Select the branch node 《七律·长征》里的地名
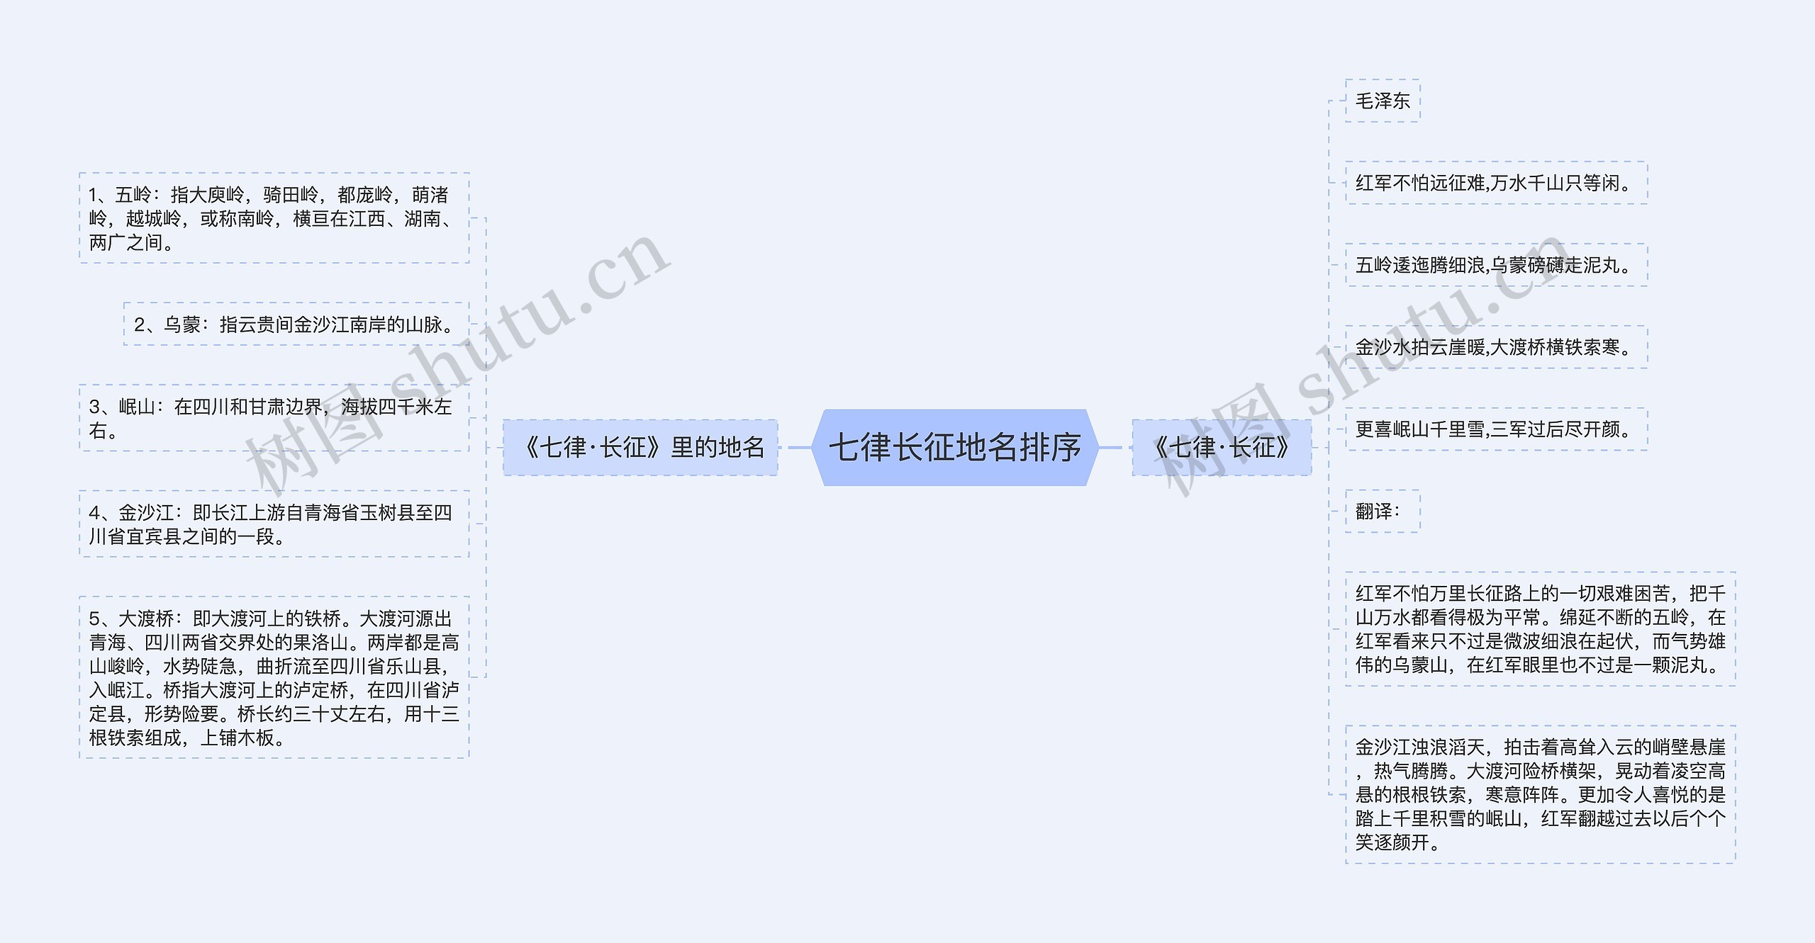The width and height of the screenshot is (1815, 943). [640, 448]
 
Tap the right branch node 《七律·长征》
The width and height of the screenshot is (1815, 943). [1221, 448]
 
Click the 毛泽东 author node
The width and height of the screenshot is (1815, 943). [1382, 101]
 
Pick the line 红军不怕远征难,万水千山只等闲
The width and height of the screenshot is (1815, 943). [1495, 183]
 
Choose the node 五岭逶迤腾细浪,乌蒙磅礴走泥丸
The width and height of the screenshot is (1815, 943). [1495, 266]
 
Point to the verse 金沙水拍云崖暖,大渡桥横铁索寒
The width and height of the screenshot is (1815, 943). [1495, 348]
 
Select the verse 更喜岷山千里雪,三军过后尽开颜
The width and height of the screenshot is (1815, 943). [1495, 429]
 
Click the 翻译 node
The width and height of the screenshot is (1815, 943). [1382, 512]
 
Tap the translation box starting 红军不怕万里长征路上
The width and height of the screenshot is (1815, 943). [1540, 629]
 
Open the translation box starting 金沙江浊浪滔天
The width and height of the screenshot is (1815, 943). [1540, 794]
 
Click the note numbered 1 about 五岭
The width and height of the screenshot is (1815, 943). [274, 218]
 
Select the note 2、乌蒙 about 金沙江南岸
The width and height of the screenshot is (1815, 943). [296, 324]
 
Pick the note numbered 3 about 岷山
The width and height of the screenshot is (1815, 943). [274, 418]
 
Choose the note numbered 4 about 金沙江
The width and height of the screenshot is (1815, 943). [274, 524]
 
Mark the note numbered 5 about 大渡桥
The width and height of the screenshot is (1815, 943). [274, 678]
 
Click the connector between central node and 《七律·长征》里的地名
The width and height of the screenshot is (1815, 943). [799, 448]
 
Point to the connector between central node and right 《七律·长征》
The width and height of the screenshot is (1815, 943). [1111, 448]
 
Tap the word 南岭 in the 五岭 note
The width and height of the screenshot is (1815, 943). [255, 219]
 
